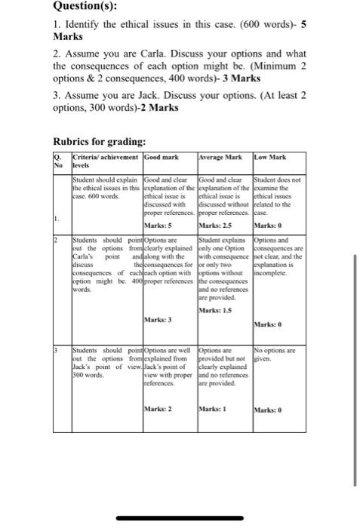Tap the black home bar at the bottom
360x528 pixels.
click(x=180, y=518)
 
